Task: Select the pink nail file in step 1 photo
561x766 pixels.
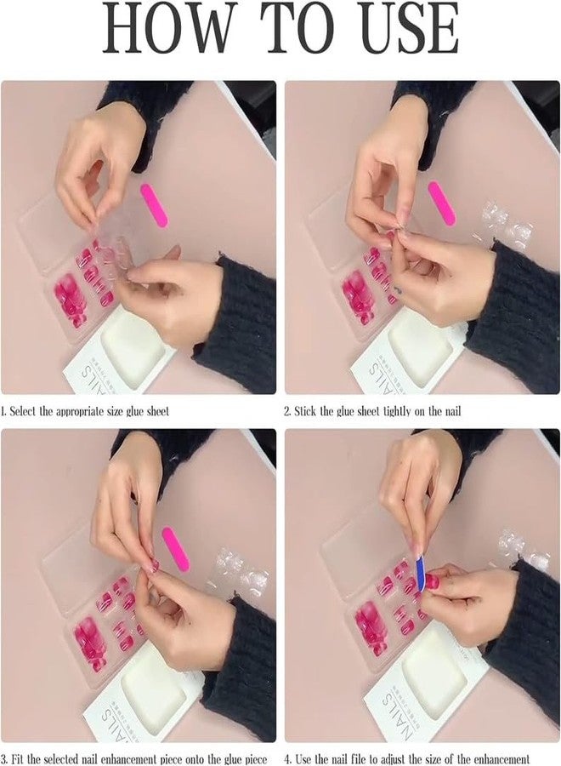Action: coord(154,205)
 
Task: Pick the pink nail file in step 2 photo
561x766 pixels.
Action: coord(441,203)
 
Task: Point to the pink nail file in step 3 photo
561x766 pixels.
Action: coord(173,551)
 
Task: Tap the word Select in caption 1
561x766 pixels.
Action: coord(23,411)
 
